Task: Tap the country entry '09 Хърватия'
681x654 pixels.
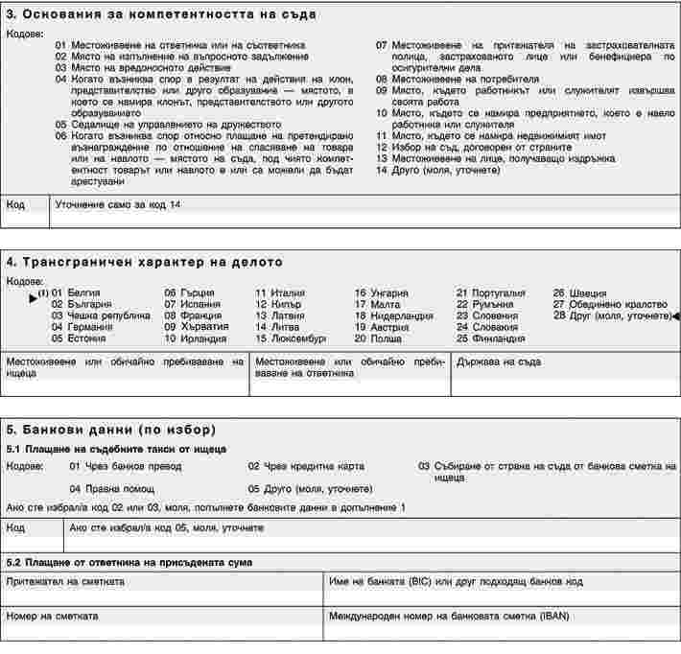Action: point(196,326)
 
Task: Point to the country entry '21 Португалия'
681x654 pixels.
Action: point(490,292)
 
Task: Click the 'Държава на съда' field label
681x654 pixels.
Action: point(499,362)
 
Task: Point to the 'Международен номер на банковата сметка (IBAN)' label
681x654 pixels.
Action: point(448,615)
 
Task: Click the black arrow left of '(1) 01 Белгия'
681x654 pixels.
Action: point(34,293)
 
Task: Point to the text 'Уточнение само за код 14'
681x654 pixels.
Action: point(117,204)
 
